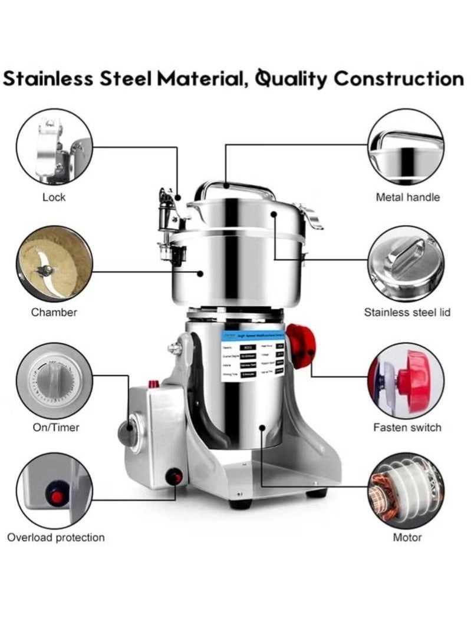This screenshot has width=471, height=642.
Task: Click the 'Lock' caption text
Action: click(54, 197)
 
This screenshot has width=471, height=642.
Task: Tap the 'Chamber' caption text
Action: click(54, 312)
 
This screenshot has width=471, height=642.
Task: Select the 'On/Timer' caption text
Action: click(55, 426)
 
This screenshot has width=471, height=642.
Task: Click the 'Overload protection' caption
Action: click(55, 537)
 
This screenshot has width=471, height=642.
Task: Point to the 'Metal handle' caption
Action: click(407, 197)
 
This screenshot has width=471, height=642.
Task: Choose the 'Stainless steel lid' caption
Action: click(407, 312)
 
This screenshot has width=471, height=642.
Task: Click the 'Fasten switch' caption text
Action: click(407, 427)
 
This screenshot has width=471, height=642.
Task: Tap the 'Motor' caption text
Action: click(407, 537)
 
